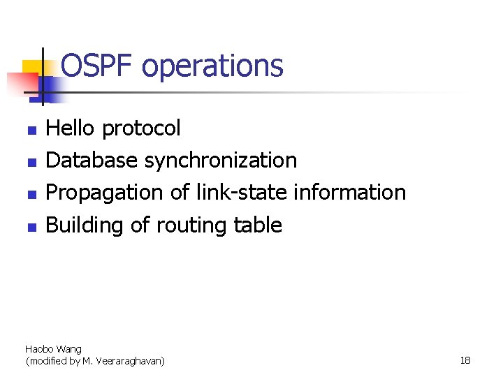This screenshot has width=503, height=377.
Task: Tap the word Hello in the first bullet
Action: pos(71,128)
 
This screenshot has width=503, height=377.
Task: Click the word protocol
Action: pos(141,129)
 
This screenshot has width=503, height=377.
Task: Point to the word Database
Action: pos(92,160)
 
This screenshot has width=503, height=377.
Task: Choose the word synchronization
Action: pos(221,161)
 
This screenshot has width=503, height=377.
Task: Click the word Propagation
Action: pos(105,193)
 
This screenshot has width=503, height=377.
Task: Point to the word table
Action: pos(257,225)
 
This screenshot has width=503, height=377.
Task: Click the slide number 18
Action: pos(465,360)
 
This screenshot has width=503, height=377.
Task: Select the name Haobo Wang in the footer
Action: pos(53,348)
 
